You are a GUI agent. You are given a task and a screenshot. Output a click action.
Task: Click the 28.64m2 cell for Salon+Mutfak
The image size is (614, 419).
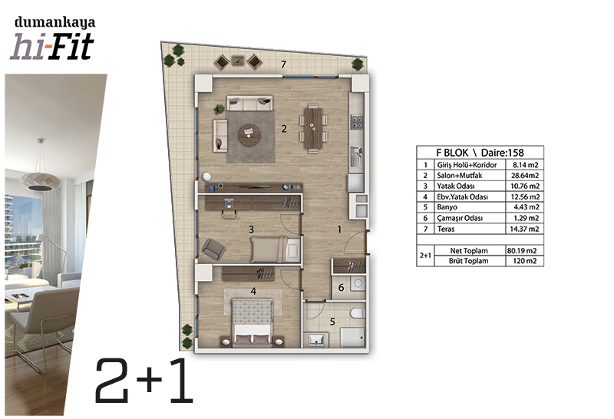[x=525, y=176]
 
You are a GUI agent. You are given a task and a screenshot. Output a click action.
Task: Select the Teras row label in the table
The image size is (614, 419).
[x=446, y=229]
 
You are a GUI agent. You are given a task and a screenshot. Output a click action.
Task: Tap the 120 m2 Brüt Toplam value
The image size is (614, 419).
[x=525, y=261]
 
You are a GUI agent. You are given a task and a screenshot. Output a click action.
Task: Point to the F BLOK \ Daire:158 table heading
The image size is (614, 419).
[x=480, y=152]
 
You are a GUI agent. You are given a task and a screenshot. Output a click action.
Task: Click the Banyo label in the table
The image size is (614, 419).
[x=447, y=207]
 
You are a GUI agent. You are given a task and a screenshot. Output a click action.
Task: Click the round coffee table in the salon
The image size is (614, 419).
[x=250, y=135]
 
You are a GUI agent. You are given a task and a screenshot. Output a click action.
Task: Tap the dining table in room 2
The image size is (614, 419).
[x=313, y=128]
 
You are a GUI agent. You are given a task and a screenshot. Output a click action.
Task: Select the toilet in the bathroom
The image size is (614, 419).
[x=358, y=313]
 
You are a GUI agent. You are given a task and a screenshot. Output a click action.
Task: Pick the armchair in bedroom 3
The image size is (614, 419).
[x=213, y=249]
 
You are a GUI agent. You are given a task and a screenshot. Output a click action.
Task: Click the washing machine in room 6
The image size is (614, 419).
[x=358, y=283]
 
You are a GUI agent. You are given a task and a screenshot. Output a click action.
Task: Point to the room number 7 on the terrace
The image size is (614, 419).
[x=283, y=64]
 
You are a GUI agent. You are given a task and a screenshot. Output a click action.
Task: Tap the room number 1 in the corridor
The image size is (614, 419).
[x=339, y=230]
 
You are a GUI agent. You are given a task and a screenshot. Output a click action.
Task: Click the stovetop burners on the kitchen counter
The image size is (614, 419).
[x=357, y=121]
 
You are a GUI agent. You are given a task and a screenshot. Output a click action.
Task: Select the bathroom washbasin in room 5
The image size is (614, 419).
[x=316, y=339]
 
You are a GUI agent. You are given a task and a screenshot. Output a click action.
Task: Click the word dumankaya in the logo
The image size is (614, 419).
[x=54, y=22]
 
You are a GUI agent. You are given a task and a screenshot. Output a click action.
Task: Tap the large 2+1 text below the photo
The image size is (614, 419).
[x=144, y=381]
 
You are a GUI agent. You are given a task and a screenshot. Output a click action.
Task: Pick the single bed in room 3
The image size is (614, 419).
[x=276, y=249]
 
